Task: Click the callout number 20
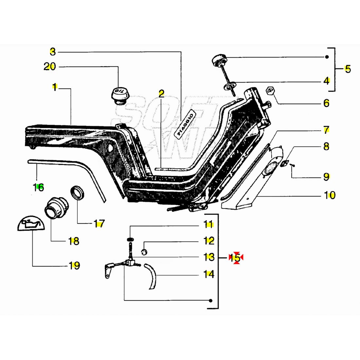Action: (x=50, y=67)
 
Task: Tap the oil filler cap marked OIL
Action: (x=120, y=95)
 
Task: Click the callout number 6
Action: (x=326, y=103)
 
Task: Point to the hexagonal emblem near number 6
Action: (x=270, y=90)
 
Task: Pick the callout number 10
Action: (x=330, y=195)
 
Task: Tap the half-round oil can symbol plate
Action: (x=30, y=223)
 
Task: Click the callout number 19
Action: (x=74, y=265)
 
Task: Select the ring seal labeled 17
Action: (x=78, y=193)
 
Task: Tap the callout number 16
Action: (x=38, y=188)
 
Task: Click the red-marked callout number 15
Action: (x=235, y=258)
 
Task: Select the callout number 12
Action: (x=209, y=241)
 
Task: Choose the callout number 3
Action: (x=53, y=52)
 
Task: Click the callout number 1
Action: (x=55, y=87)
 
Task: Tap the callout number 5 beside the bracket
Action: (x=347, y=69)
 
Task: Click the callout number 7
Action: (x=326, y=130)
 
